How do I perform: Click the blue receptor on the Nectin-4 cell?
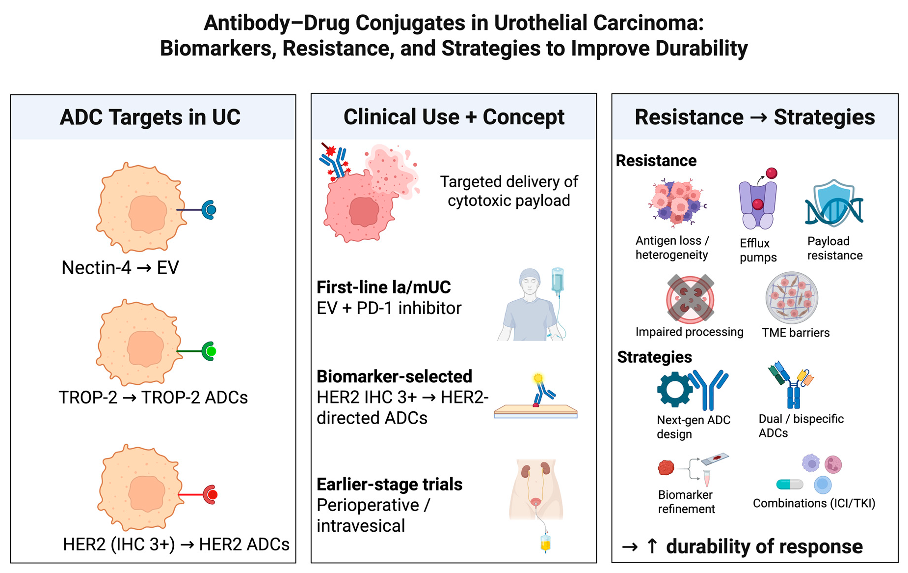210,210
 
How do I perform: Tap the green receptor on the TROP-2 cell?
210,351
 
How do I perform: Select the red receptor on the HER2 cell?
211,494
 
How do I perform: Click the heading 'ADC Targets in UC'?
150,117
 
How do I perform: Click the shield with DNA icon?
834,203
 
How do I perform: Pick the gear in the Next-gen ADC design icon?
674,389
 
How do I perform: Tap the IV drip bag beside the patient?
558,281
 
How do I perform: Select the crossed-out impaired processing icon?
690,298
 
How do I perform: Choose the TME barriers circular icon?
792,297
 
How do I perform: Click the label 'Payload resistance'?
834,248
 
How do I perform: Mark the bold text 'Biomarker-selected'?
394,376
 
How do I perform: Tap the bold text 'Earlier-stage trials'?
389,485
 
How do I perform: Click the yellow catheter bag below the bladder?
545,543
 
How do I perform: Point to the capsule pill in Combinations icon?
789,485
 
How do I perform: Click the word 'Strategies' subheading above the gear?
654,357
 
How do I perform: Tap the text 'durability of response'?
764,546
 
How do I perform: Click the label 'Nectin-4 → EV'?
120,268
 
